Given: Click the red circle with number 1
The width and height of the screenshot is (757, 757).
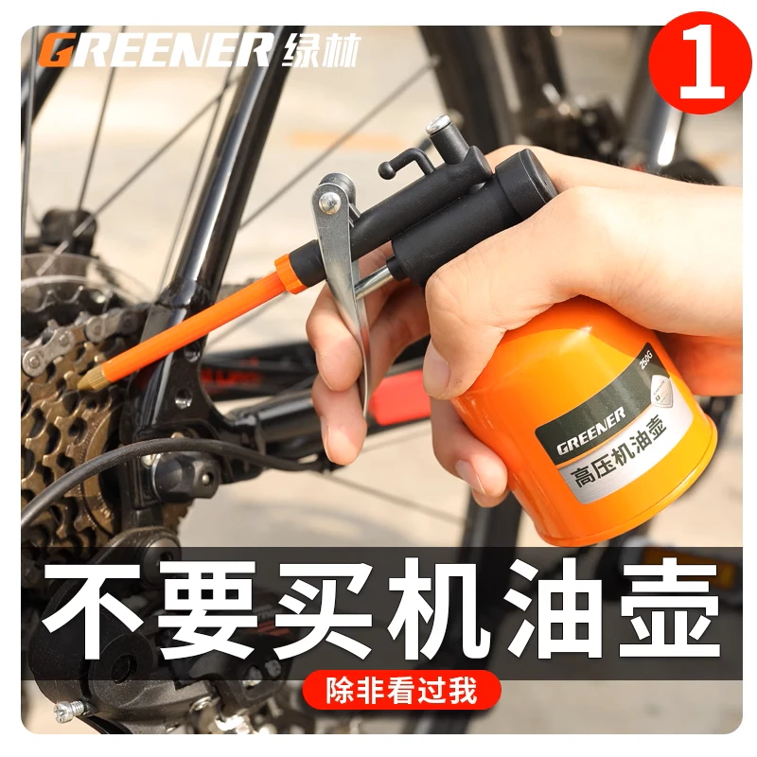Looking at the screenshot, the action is click(x=701, y=62).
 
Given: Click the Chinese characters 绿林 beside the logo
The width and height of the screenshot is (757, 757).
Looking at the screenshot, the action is click(x=320, y=50).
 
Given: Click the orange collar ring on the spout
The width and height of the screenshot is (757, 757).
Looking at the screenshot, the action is click(x=290, y=275).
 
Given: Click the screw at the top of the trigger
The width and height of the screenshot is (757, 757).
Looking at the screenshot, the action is click(x=328, y=199).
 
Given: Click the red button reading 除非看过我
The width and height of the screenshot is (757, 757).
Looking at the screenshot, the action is click(x=401, y=691).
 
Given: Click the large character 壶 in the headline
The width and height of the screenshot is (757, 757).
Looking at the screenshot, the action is click(x=670, y=611).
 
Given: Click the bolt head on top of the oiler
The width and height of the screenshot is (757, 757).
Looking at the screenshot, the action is click(x=438, y=126).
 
